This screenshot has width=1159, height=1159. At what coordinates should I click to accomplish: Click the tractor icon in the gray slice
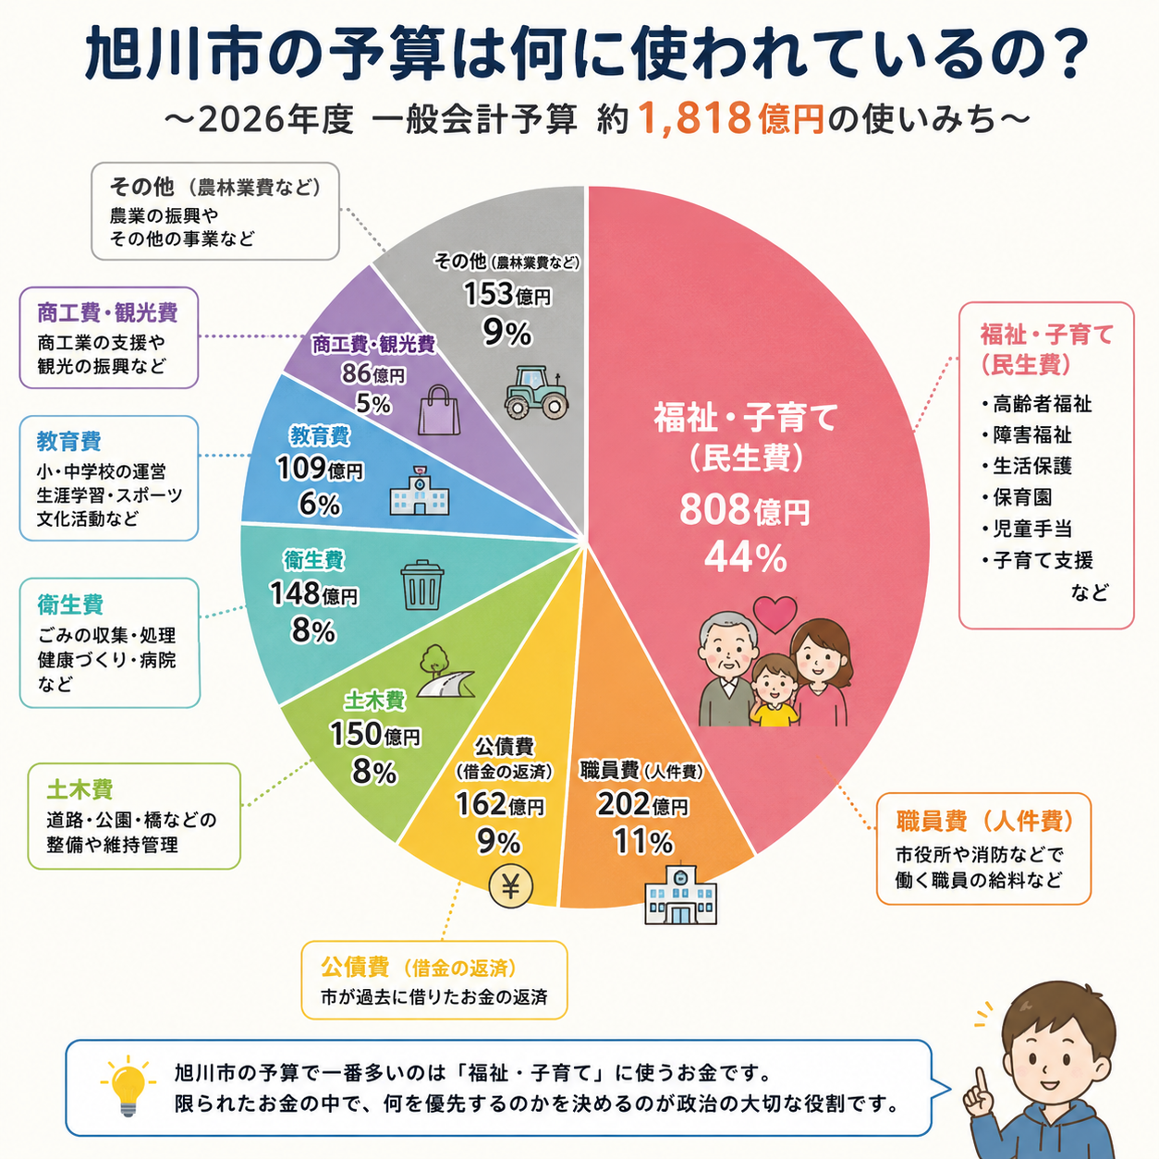pyautogui.click(x=536, y=392)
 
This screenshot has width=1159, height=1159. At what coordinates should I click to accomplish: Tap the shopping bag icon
pyautogui.click(x=439, y=410)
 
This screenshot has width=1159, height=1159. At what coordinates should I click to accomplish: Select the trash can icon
pyautogui.click(x=422, y=585)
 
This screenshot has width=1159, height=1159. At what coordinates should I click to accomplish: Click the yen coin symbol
pyautogui.click(x=510, y=886)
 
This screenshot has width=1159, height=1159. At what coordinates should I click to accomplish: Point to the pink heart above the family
pyautogui.click(x=775, y=614)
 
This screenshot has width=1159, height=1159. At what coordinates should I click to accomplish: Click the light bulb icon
pyautogui.click(x=128, y=1088)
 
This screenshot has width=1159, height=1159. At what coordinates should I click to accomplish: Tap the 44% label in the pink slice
pyautogui.click(x=745, y=557)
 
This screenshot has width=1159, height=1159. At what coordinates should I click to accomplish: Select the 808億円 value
pyautogui.click(x=745, y=510)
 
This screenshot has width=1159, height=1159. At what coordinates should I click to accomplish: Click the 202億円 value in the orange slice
pyautogui.click(x=641, y=805)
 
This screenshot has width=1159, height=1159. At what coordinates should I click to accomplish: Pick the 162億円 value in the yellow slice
pyautogui.click(x=499, y=804)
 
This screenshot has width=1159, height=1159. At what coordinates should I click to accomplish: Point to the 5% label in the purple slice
pyautogui.click(x=372, y=403)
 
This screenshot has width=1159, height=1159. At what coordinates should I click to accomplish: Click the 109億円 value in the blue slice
pyautogui.click(x=320, y=469)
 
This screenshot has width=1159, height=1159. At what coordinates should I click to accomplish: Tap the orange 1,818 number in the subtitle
pyautogui.click(x=694, y=118)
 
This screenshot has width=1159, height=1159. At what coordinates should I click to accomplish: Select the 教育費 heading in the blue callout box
pyautogui.click(x=68, y=441)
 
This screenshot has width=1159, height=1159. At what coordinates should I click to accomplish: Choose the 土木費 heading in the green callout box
pyautogui.click(x=80, y=789)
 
